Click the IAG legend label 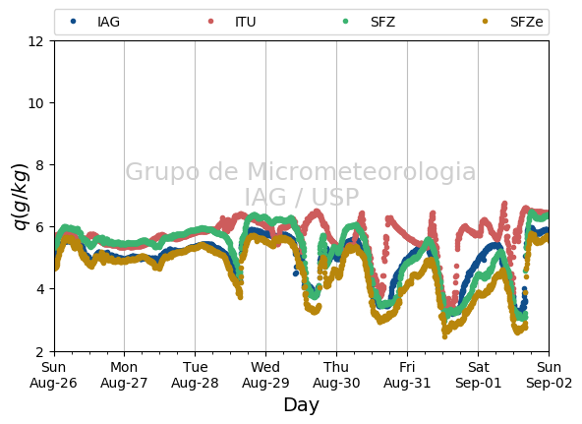[108, 22]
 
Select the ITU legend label [246, 22]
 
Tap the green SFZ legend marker [346, 22]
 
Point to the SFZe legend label [526, 22]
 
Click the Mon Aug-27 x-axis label [124, 375]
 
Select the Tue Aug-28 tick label [195, 375]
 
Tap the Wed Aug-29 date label [265, 375]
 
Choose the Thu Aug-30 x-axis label [336, 375]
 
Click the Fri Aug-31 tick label [407, 375]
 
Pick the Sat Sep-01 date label [478, 375]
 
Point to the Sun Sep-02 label [549, 375]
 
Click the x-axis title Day [301, 405]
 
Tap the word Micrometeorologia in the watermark [361, 171]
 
